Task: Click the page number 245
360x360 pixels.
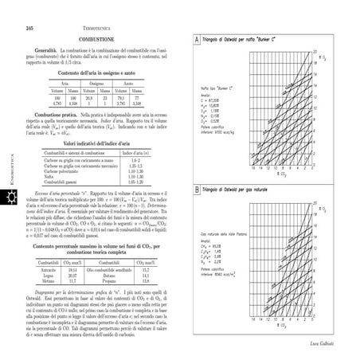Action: [x=29, y=28]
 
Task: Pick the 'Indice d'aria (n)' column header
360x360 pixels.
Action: [x=137, y=152]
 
